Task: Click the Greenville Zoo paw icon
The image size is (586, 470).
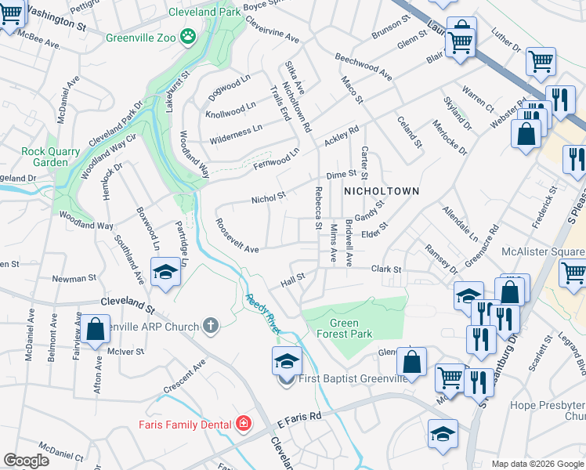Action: click(188, 35)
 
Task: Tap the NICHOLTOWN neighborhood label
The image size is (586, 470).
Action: click(381, 191)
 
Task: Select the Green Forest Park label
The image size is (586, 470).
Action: click(344, 329)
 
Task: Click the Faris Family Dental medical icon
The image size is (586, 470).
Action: click(244, 424)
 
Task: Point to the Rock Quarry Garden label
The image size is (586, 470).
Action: click(51, 157)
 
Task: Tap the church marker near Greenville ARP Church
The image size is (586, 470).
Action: click(210, 324)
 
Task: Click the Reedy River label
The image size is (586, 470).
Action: click(262, 313)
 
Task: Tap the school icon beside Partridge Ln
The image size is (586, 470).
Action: click(165, 273)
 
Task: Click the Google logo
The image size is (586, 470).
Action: click(26, 461)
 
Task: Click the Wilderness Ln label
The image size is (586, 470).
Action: click(235, 134)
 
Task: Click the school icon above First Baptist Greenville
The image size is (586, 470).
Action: click(286, 360)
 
